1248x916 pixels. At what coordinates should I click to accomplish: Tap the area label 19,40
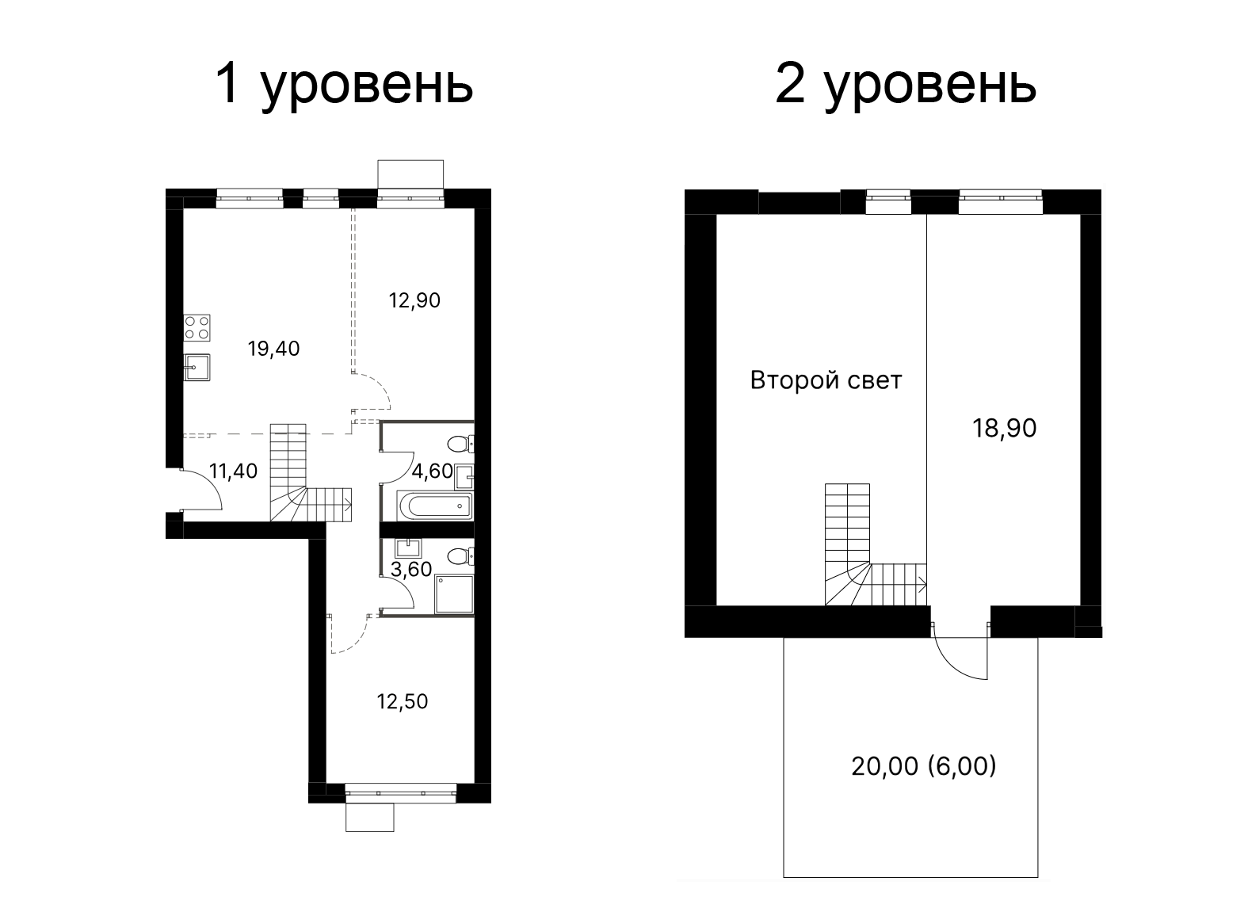point(273,348)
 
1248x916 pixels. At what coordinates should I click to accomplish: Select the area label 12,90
point(414,300)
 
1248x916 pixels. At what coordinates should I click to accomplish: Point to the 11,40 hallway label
point(233,471)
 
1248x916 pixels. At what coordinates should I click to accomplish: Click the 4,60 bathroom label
point(432,471)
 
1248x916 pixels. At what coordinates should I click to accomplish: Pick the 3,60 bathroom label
point(411,569)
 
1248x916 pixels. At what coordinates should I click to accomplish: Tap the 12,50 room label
point(402,701)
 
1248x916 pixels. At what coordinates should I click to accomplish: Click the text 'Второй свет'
point(826,380)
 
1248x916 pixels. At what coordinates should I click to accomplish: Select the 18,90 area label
point(1004,428)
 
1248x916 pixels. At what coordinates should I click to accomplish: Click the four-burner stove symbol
point(197,327)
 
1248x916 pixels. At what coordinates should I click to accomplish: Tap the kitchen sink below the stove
point(197,366)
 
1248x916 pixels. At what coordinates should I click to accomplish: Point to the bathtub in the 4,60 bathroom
point(435,505)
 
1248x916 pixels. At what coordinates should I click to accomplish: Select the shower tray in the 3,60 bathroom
point(453,594)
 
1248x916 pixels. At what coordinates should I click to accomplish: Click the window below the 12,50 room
point(401,789)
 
